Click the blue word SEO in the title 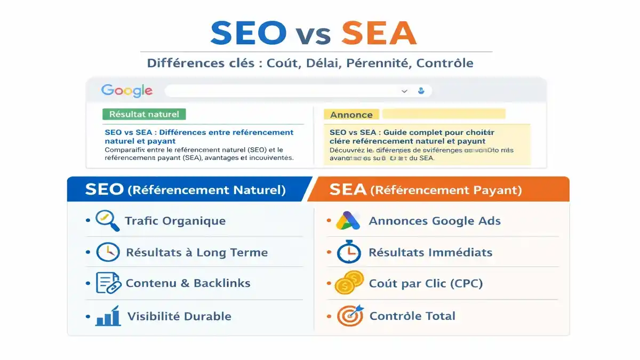coord(249,33)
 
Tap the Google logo coord(127,91)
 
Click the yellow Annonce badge coord(351,115)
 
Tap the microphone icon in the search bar coord(421,91)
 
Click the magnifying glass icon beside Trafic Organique coord(107,221)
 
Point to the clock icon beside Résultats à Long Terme coord(107,252)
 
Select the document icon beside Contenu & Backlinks coord(107,283)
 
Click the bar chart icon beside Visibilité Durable coord(108,316)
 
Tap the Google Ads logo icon coord(348,221)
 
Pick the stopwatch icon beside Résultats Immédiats coord(349,252)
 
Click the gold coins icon coord(349,283)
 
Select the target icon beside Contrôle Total coord(349,316)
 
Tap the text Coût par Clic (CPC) coord(426,283)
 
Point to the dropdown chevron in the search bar coord(404,91)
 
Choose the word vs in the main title coord(314,35)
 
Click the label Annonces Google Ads coord(435,221)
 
